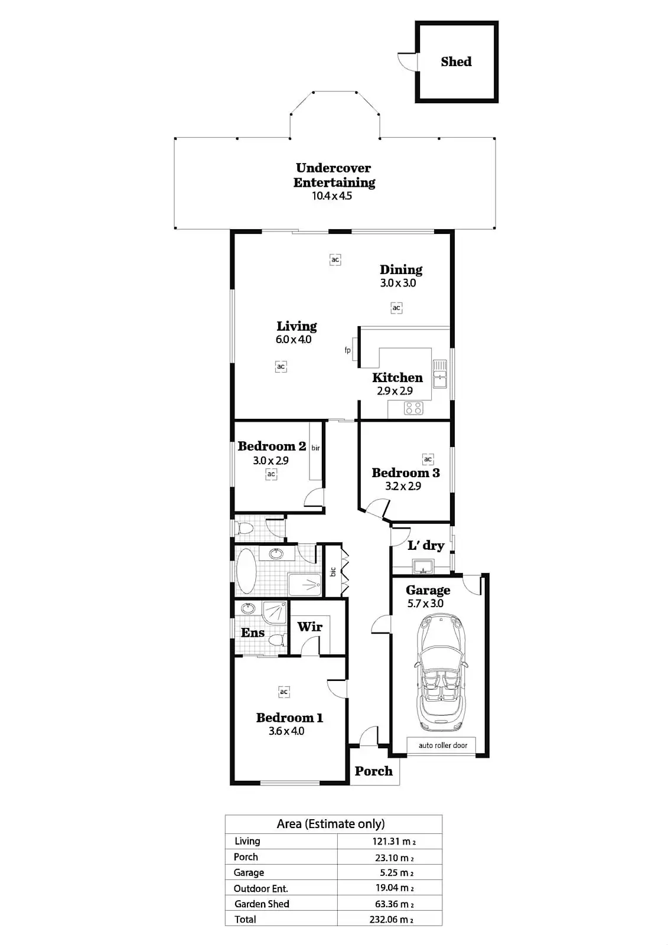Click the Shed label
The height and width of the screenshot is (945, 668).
tap(456, 61)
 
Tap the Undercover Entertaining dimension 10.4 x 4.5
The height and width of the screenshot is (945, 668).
tap(332, 196)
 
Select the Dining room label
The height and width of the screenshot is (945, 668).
tap(400, 270)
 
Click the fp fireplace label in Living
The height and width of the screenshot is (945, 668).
tap(348, 350)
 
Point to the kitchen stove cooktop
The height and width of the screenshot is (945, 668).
tap(413, 408)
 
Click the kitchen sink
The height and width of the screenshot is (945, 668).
tap(440, 374)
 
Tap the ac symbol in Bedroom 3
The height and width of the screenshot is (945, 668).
tap(428, 459)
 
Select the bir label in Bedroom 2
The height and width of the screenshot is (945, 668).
tap(316, 448)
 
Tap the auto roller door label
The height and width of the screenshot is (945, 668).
tap(443, 745)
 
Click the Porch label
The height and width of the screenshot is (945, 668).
tap(373, 771)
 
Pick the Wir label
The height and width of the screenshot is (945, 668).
tap(309, 627)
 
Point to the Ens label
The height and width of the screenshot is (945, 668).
tap(253, 633)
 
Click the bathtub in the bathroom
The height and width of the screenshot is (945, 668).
tap(246, 572)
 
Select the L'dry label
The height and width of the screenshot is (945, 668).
tap(426, 545)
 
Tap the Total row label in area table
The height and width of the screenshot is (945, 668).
tap(245, 919)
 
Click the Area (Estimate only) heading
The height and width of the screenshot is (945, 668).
tap(331, 824)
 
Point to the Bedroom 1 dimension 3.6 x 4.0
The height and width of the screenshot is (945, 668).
tap(286, 731)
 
